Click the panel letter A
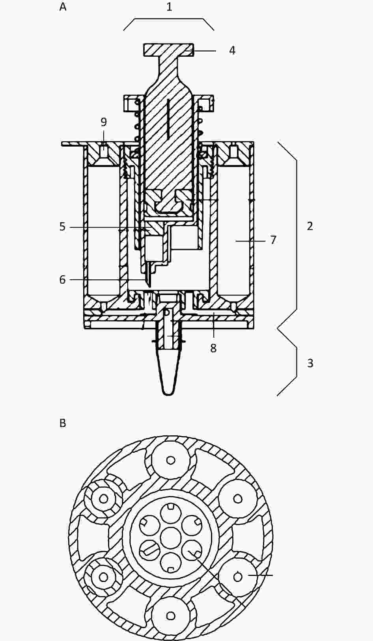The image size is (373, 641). point(63,7)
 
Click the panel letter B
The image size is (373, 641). point(63,423)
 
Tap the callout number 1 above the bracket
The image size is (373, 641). point(169,7)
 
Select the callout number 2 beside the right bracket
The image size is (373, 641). point(310,226)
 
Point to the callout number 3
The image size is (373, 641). point(310,363)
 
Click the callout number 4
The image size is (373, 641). point(232,50)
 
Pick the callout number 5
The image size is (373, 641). point(62,227)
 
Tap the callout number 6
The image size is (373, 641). point(62,280)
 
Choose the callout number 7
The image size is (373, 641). point(273,240)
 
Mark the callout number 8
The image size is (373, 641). point(213,348)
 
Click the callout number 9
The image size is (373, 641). point(103,122)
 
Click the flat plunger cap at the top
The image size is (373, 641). point(168,50)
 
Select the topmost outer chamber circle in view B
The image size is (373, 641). point(171,460)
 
